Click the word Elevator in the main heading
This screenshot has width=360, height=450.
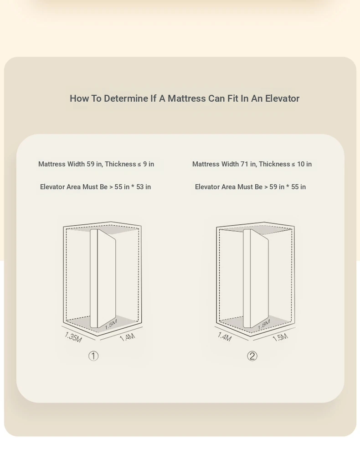pos(282,98)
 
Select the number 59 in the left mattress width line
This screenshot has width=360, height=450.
pos(90,164)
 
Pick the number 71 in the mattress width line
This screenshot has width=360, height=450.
pos(244,164)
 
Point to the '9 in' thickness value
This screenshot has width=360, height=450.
pos(149,164)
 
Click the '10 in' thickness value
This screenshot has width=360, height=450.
pos(304,164)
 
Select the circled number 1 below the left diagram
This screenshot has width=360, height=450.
pos(93,356)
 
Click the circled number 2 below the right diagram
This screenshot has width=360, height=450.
pos(252,356)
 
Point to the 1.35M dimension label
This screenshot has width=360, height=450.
pos(73,337)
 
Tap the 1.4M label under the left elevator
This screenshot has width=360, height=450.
pos(127,337)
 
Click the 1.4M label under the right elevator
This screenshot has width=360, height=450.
pos(224,336)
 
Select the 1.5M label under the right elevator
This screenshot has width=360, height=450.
pos(280,337)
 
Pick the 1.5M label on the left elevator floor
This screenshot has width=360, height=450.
pos(111,324)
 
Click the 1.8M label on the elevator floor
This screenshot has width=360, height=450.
pos(264,325)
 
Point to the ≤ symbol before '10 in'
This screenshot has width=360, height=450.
pos(293,165)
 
